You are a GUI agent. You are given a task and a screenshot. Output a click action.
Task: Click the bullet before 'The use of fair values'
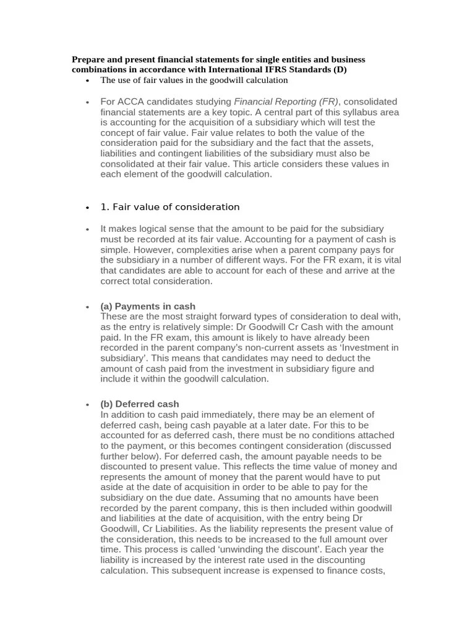pos(88,81)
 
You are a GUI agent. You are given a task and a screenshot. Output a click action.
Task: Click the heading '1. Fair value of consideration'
pos(169,206)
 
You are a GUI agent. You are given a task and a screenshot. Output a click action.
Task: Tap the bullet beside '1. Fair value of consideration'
pos(88,207)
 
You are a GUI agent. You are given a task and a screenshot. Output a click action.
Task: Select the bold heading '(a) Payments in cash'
pos(148,306)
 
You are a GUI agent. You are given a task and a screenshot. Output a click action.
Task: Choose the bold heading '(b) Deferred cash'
pos(140,404)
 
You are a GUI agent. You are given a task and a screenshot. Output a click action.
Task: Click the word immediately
pos(209,415)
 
